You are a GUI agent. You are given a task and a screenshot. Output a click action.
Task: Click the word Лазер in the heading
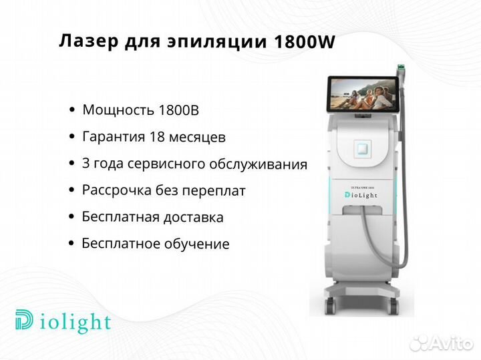(x=88, y=41)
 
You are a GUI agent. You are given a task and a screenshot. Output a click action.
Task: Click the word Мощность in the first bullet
(x=118, y=110)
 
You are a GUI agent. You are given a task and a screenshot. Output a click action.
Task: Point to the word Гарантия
(x=113, y=137)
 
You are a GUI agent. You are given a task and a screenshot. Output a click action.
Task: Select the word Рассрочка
(x=117, y=190)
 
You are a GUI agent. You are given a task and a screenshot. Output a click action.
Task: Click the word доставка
(x=193, y=217)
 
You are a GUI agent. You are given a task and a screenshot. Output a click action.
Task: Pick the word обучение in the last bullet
(x=196, y=244)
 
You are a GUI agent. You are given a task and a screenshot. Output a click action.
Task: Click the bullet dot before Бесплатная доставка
(x=71, y=217)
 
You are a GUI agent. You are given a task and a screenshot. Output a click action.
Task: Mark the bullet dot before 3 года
(x=71, y=163)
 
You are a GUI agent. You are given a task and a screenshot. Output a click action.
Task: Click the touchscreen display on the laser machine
(x=363, y=94)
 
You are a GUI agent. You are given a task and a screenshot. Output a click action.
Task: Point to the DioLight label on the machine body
(x=361, y=195)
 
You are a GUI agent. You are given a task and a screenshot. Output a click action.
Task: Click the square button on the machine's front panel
(x=363, y=149)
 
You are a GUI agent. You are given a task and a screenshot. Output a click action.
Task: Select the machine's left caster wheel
(x=331, y=305)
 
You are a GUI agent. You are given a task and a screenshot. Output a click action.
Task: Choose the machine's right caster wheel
(x=393, y=305)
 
